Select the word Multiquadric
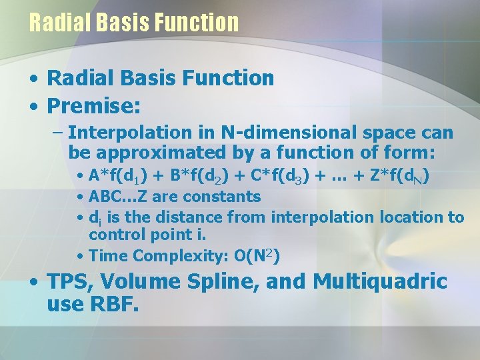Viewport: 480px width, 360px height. point(380,282)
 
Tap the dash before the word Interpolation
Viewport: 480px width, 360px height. point(58,133)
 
